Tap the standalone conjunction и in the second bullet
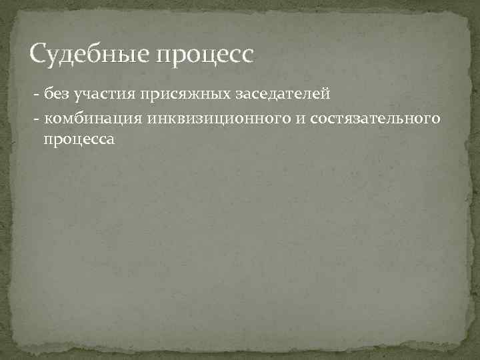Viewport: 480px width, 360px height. pos(300,118)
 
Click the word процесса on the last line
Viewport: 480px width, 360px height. pos(79,140)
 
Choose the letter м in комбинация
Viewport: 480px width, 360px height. pos(69,118)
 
